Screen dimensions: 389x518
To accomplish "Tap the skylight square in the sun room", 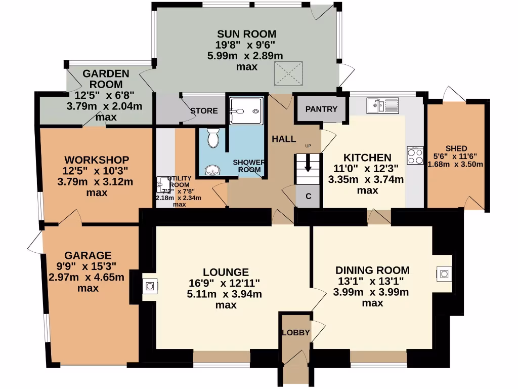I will coord(288,74).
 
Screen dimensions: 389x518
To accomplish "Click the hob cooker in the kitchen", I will coord(415,155).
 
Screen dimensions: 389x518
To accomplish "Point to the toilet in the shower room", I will coord(213,138).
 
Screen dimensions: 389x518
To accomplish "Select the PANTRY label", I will coord(321,109).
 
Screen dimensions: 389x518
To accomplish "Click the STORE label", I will coord(204,111).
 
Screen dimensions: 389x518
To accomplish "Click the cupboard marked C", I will coord(308,197).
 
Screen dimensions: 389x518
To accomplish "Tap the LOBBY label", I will coord(296,333).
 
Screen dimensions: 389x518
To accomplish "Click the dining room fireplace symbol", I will coord(444,274).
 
